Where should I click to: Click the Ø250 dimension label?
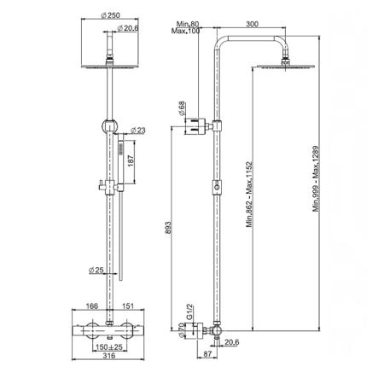coord(110,15)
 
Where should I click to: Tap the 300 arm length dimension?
coord(253,24)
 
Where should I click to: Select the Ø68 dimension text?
coord(182,108)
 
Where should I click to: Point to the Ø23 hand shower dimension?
coord(138,131)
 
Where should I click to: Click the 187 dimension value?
coord(131,161)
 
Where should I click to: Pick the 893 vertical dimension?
coord(168,228)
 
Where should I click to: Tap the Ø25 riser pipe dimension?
coord(96,270)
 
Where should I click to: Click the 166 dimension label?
coord(91,306)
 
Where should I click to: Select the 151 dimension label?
coord(128,306)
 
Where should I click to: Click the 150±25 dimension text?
coord(109,347)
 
